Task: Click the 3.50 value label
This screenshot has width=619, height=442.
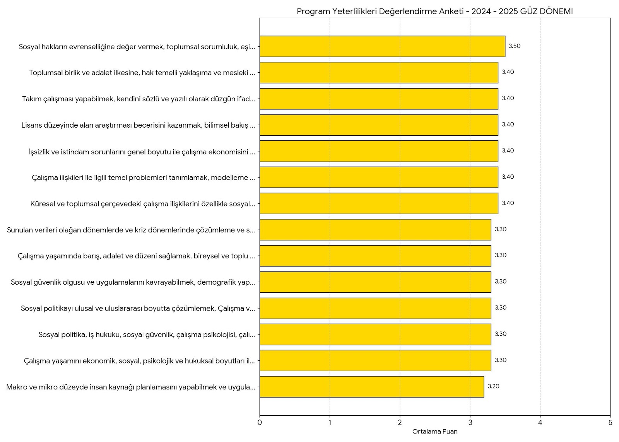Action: click(x=514, y=46)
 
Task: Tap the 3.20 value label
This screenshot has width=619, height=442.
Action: click(x=493, y=386)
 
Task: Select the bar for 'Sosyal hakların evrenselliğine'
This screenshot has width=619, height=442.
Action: click(x=382, y=46)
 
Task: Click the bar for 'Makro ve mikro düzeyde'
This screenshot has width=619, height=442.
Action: click(x=371, y=387)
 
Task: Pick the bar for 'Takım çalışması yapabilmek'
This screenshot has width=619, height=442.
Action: click(x=379, y=99)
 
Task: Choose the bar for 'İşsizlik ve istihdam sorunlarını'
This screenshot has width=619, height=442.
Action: click(x=379, y=151)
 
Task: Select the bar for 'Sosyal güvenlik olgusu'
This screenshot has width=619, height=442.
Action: click(x=375, y=282)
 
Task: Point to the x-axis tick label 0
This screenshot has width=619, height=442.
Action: click(x=260, y=423)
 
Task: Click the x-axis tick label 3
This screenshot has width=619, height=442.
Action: click(x=470, y=423)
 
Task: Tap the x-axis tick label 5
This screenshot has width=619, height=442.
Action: click(x=610, y=423)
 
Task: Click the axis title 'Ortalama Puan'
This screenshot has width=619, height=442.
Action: click(x=435, y=432)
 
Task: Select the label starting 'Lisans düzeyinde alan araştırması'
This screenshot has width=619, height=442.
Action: click(x=138, y=125)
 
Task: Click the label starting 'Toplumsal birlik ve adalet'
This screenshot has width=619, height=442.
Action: click(x=142, y=73)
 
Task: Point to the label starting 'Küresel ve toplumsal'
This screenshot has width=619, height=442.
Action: click(x=142, y=204)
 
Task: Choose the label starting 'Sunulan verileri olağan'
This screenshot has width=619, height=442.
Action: click(x=131, y=230)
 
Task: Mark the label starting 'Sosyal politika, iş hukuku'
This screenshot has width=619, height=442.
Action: click(x=147, y=334)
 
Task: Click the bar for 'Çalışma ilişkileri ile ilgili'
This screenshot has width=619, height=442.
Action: click(x=379, y=177)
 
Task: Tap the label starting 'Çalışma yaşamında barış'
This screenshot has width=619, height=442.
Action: click(x=136, y=256)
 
